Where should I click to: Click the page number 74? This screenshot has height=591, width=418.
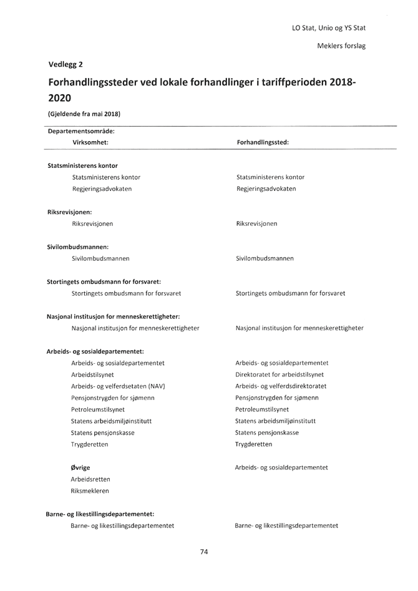coord(204,552)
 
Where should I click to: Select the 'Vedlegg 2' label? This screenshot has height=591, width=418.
coord(66,64)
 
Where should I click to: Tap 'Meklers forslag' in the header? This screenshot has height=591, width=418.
coord(341,46)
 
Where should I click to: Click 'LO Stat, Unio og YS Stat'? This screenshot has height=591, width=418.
coord(328,28)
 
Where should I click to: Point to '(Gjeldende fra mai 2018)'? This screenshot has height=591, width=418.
coord(84,114)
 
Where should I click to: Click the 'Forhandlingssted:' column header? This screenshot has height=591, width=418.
coord(263,142)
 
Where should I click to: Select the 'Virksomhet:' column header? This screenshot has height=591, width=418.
coord(90,142)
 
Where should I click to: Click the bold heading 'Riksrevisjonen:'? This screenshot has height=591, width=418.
coord(69,212)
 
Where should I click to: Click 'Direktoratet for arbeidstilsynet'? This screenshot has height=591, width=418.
coord(279,374)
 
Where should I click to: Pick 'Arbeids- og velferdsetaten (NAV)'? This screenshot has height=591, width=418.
coord(118,386)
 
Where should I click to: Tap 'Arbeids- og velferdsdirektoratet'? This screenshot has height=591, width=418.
coord(281,386)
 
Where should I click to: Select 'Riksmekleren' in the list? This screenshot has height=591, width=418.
coord(90,491)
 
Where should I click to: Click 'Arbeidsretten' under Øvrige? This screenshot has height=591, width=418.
coord(90,479)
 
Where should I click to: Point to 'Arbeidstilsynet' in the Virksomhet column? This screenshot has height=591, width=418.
coord(93,374)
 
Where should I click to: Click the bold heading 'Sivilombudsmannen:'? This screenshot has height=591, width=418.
coord(78,247)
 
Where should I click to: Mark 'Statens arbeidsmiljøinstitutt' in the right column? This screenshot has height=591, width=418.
coord(275,421)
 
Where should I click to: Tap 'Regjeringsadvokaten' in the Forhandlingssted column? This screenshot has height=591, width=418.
coord(266,188)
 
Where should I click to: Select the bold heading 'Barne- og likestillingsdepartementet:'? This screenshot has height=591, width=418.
coord(100,514)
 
